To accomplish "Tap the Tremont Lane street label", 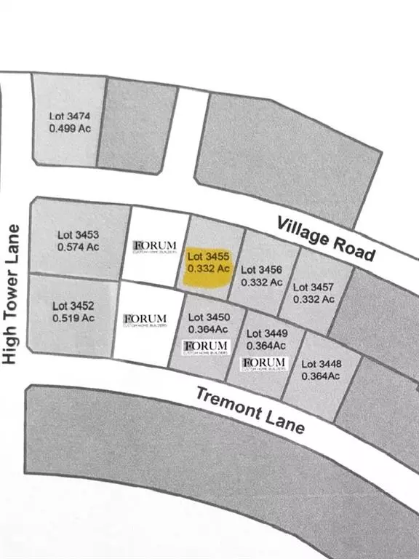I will point(250,409).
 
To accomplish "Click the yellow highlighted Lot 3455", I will point(209,263).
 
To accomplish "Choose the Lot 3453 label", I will point(77,234).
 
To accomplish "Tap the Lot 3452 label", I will point(73,306).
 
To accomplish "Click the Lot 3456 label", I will point(260,269).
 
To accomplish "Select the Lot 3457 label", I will point(314,288).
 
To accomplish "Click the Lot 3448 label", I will point(321,364).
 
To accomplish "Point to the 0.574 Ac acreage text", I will point(77,247).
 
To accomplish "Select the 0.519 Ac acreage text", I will point(73,318).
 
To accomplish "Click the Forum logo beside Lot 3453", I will point(155,246).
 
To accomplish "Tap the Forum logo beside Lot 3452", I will point(145,320).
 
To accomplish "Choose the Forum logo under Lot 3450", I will point(207,346).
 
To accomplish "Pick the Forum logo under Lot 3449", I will point(264,363).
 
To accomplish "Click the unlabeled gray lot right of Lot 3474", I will point(137,125).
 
